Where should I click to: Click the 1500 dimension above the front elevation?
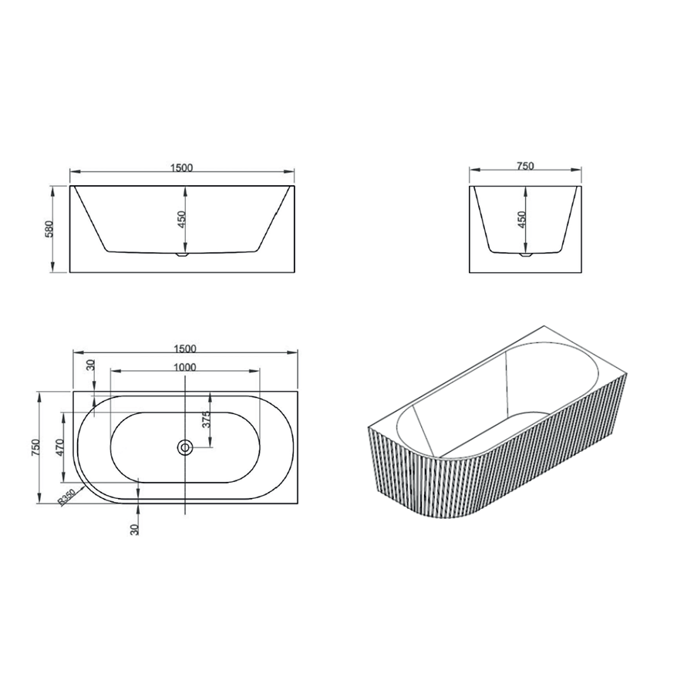tap(181, 168)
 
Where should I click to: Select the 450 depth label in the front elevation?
tap(181, 220)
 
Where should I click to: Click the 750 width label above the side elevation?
tap(525, 166)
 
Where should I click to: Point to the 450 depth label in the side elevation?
tap(521, 220)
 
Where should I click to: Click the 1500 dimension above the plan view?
tap(185, 349)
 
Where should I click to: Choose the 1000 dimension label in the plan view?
tap(184, 367)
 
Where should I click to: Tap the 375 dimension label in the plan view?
tap(206, 420)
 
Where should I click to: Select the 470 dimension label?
tap(61, 447)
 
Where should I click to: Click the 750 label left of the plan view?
tap(35, 447)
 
